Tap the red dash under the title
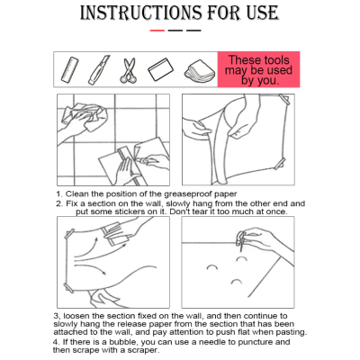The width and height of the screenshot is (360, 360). point(157,31)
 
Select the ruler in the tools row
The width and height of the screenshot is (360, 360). point(70,70)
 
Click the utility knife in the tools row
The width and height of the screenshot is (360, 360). point(99,70)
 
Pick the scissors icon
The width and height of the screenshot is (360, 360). point(129,70)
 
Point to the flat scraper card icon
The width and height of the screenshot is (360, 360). point(161,69)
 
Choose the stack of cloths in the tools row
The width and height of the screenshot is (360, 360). point(200,70)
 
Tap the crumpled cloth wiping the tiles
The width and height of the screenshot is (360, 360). point(89,116)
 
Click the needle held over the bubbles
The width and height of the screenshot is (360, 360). point(241,241)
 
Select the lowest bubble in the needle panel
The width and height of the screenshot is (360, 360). point(237,282)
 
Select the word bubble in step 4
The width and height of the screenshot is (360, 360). point(123,342)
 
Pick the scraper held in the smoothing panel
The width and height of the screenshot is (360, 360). point(115,234)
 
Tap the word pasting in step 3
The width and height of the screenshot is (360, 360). point(292,332)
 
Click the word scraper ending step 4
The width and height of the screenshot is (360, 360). point(143,350)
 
